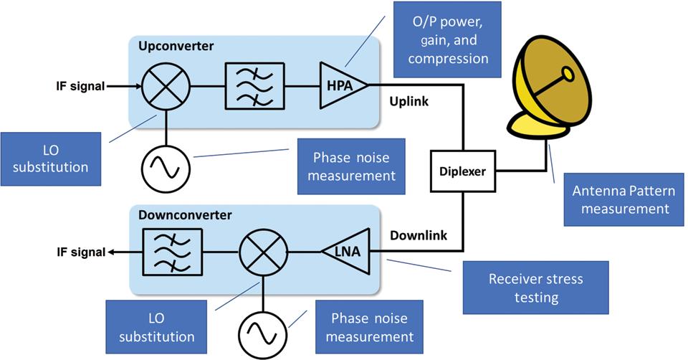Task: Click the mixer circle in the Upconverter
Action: click(166, 85)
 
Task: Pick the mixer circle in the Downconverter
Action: click(264, 252)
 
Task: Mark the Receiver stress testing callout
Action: click(535, 286)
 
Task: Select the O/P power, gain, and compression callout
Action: click(448, 41)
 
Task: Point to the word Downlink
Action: click(418, 235)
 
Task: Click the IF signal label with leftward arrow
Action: click(81, 252)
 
